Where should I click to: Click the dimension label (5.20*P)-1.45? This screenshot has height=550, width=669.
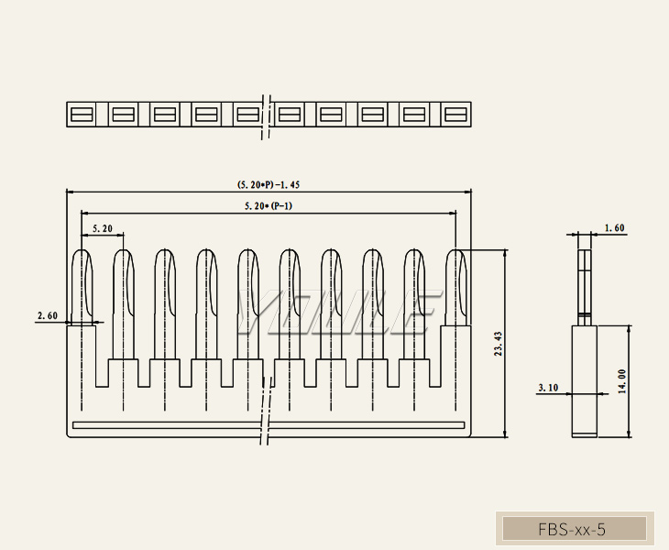269,185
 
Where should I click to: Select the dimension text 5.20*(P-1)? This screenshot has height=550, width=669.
269,206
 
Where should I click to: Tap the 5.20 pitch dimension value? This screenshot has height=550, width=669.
103,228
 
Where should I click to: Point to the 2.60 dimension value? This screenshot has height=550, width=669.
48,315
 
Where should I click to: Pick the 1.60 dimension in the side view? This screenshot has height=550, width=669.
614,227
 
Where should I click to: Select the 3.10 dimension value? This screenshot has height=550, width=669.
548,388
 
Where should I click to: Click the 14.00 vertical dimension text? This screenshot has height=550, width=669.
622,381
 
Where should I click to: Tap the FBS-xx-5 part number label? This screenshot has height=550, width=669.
572,529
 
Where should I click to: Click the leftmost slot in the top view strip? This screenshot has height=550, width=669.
82,115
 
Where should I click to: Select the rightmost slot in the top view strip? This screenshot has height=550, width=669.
455,115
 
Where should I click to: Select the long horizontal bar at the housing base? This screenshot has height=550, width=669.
269,425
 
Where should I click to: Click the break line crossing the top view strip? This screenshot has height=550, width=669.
266,115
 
